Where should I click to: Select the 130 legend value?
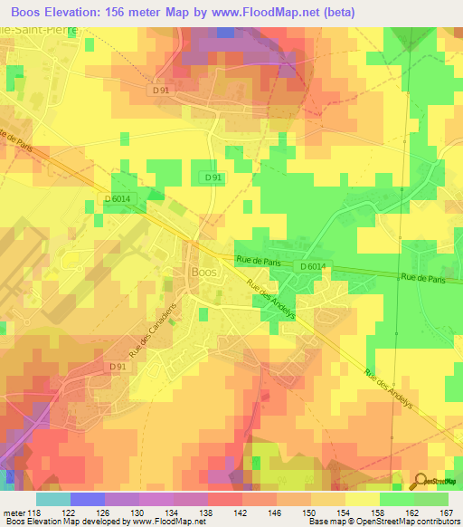pyautogui.click(x=139, y=513)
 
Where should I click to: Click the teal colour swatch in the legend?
pyautogui.click(x=53, y=499)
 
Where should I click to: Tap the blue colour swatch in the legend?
pyautogui.click(x=88, y=499)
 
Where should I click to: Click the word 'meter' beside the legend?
pyautogui.click(x=13, y=513)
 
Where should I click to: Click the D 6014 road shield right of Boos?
pyautogui.click(x=313, y=265)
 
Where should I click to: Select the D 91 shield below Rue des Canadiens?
pyautogui.click(x=117, y=366)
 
